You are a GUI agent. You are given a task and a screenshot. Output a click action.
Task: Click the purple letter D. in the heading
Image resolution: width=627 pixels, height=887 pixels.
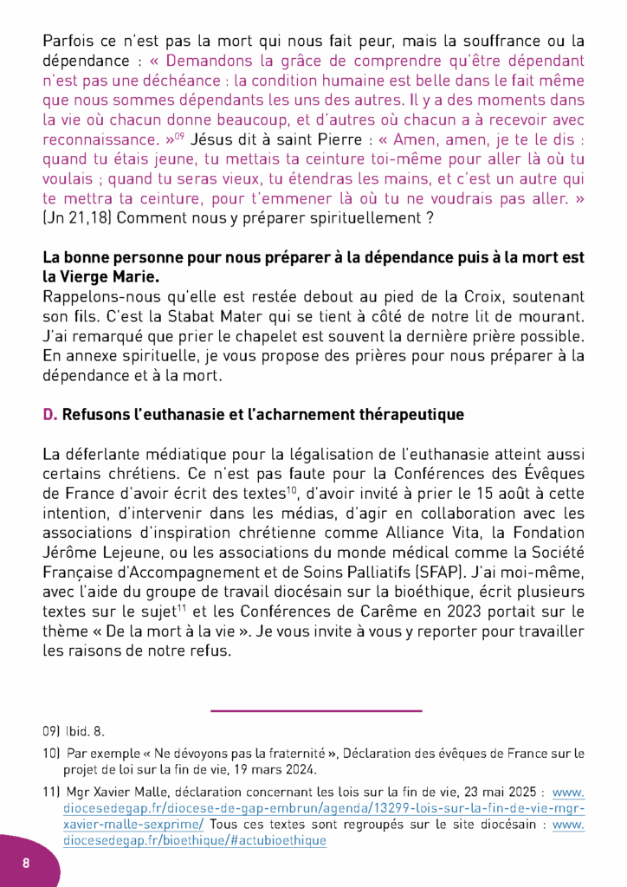[50, 415]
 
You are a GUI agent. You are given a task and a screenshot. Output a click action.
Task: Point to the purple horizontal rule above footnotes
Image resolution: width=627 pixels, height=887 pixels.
[315, 711]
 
